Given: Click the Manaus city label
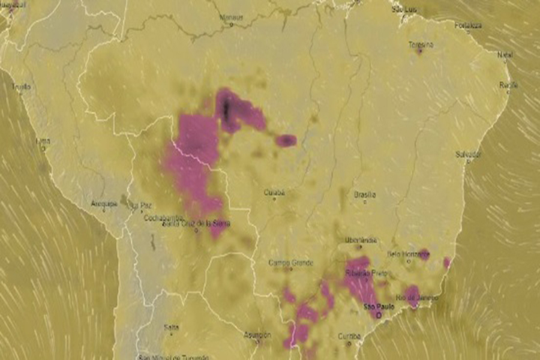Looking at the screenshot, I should pos(230,17).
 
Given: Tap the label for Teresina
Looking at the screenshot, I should pos(421,44).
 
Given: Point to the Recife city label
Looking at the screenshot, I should pos(508,85).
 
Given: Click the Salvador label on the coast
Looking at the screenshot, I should pos(469,154).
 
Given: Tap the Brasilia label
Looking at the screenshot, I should pos(365,194).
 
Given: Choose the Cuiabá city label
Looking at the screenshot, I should pos(274,193).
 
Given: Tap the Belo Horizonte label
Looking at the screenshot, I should pos(409,254).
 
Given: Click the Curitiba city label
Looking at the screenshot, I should pos(349,336).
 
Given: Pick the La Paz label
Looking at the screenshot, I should pos(142,204).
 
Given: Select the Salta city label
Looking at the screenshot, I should pos(171,327).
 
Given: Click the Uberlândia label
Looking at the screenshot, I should pos(361,240).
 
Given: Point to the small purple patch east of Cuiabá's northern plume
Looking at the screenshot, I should pos(286,140).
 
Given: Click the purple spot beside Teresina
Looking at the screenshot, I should pos(419,52).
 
